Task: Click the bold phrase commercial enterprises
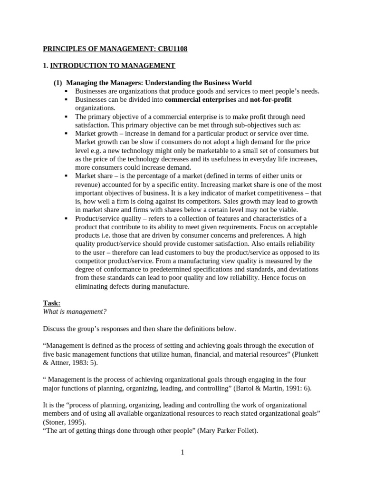200,99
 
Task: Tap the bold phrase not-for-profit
270,99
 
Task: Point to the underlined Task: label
52,303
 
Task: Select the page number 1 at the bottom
182,452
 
